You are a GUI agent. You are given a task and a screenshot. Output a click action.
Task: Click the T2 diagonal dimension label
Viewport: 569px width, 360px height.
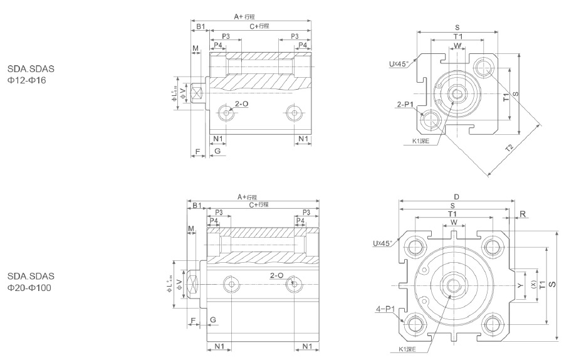[509, 148]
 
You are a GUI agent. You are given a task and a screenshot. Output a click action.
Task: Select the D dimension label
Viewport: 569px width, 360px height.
[456, 197]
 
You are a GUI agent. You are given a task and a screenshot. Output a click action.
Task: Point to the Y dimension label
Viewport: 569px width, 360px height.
[520, 285]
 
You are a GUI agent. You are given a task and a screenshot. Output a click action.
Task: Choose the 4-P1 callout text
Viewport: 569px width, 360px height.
[384, 309]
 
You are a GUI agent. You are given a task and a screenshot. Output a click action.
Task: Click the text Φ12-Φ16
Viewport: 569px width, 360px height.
[25, 81]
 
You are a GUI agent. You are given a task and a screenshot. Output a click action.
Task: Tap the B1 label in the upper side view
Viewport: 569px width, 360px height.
[200, 26]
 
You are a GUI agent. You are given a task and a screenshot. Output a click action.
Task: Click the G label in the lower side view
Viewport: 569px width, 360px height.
[213, 320]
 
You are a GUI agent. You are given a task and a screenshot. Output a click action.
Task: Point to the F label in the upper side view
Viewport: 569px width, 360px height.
[197, 152]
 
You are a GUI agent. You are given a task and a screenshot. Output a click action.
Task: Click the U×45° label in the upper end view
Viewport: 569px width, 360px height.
[399, 63]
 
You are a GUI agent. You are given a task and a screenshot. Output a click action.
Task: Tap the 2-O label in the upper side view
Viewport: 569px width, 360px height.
[241, 102]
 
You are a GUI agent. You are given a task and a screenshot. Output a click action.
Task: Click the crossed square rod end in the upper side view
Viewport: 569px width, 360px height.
[199, 94]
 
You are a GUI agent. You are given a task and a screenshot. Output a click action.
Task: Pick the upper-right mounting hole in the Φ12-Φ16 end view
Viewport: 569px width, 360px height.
[483, 66]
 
